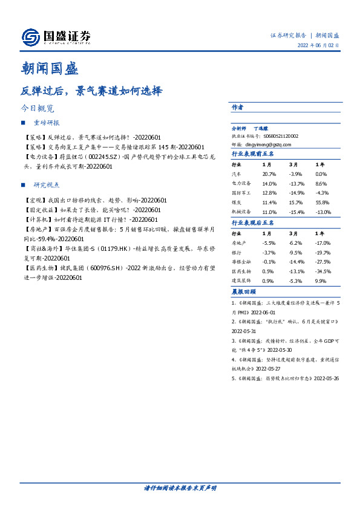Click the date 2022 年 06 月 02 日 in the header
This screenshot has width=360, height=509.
(318, 45)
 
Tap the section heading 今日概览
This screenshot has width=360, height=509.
(37, 109)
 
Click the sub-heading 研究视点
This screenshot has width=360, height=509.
(47, 184)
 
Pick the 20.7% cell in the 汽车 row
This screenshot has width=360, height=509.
(270, 173)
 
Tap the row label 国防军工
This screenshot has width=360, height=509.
(241, 193)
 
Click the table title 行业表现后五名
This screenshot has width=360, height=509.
(253, 223)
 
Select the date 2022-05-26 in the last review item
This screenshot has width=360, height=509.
(326, 378)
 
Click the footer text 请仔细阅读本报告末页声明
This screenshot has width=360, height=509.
(180, 488)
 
